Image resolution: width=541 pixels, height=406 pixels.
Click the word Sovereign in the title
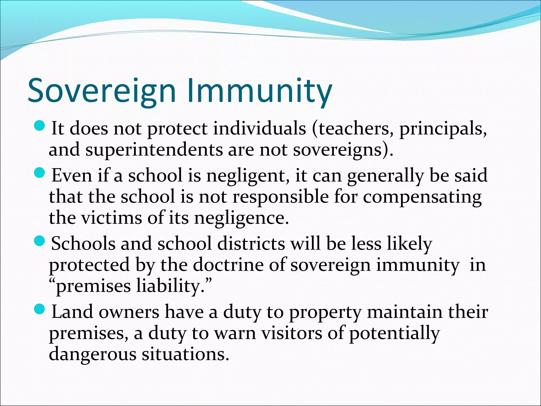[x=102, y=90]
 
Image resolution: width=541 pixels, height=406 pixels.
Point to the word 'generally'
[x=385, y=176]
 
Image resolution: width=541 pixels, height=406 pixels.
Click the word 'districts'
[x=251, y=243]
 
